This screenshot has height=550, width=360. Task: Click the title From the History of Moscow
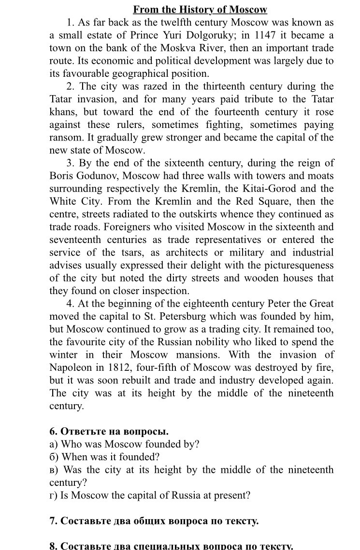[200, 10]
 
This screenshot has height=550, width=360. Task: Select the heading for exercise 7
[154, 521]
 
